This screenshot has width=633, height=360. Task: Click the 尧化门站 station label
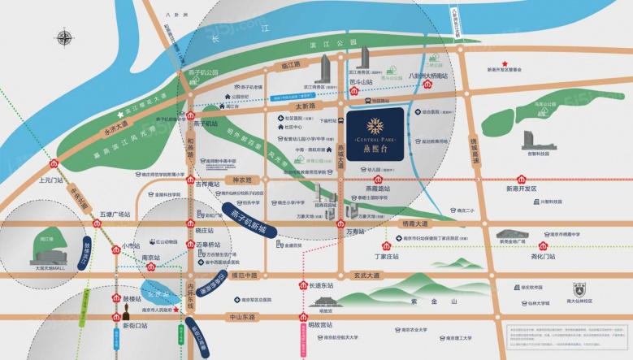pyautogui.click(x=543, y=256)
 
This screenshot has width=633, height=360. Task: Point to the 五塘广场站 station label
pyautogui.click(x=115, y=215)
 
